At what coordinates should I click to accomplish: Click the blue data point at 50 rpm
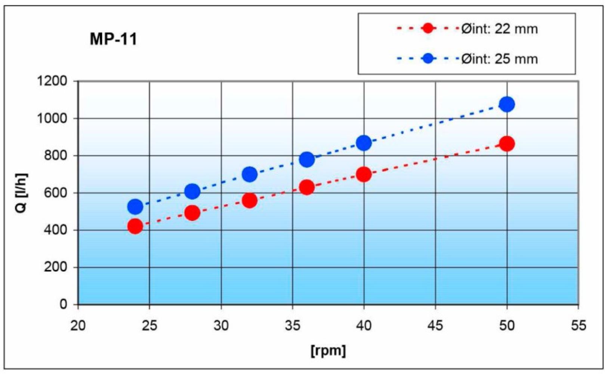coord(507,104)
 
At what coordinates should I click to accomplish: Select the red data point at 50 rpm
coord(507,144)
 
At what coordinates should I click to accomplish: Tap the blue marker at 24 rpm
coord(135,206)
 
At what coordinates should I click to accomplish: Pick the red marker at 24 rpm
coord(135,226)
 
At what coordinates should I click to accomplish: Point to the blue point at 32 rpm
coord(250,174)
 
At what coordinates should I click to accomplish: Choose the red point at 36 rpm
coord(307,187)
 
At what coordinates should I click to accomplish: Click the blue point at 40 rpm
coord(364,143)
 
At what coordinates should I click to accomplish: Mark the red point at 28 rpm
coord(192,213)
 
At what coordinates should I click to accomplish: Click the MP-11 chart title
coord(113,39)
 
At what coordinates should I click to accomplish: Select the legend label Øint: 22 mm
coord(499,29)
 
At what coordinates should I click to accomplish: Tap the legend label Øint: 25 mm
coord(499,59)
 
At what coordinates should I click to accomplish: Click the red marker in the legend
coord(427,28)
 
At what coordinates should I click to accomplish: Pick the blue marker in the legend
coord(427,58)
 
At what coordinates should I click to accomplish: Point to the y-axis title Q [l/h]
coord(22,193)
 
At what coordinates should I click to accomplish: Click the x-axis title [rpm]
coord(328,350)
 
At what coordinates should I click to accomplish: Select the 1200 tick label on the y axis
coord(53,81)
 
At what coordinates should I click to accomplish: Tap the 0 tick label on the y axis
coord(63,304)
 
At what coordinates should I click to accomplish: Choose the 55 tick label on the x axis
coord(578,326)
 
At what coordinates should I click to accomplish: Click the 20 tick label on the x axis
coord(78,326)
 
